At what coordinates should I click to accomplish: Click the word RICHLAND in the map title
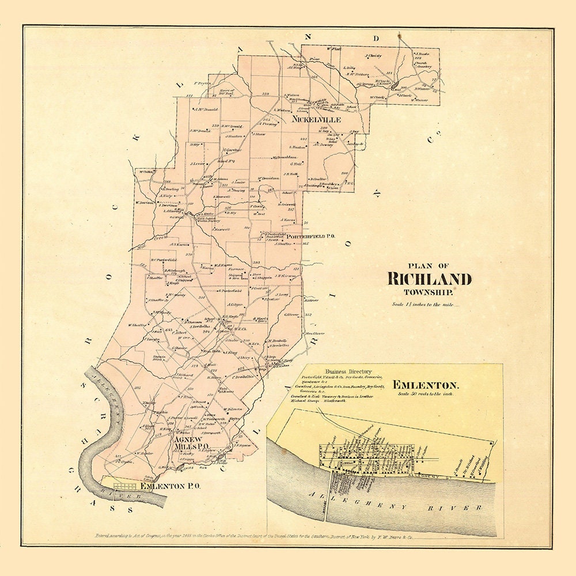point(429,279)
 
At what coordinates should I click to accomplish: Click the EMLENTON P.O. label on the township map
point(170,486)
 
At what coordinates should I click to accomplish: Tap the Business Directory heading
point(348,372)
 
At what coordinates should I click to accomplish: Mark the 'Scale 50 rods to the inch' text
point(426,394)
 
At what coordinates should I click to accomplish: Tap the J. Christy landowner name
point(374,56)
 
